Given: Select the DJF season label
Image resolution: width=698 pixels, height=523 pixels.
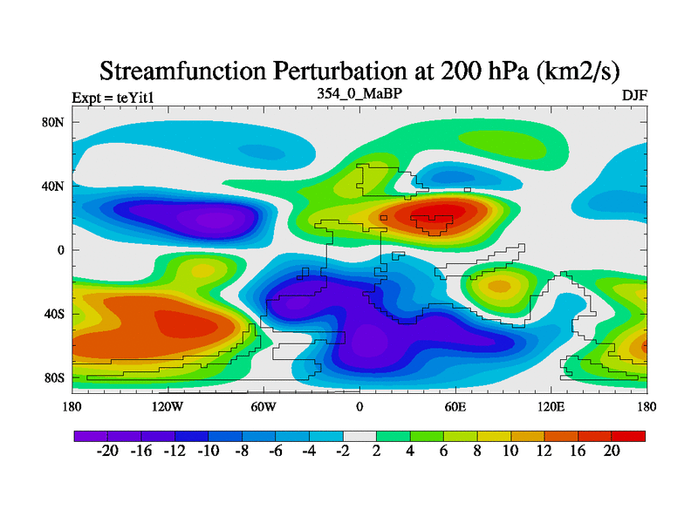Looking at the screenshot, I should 633,95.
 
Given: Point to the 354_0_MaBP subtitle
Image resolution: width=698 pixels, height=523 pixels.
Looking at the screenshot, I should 359,92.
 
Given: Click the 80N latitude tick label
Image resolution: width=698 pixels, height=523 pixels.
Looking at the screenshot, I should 53,122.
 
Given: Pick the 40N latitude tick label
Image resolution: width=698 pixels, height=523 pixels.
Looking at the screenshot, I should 53,186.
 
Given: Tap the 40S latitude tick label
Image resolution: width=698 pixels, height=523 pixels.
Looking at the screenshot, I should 53,314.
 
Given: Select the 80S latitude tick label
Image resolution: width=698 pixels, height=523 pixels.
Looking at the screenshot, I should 53,377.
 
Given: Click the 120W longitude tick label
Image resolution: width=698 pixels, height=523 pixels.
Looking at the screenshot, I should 167,406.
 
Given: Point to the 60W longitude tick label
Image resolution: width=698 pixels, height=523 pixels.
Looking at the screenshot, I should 263,406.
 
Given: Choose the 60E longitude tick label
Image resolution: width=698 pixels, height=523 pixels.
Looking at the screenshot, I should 455,406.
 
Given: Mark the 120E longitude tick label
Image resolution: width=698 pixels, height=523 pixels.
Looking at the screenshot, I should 551,406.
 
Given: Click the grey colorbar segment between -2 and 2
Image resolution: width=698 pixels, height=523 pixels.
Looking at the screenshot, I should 359,435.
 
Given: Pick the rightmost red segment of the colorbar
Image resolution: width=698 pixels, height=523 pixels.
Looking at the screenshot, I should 629,435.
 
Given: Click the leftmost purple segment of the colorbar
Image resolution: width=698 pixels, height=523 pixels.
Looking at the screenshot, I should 91,435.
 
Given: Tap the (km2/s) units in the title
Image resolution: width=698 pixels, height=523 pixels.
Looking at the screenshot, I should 569,70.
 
